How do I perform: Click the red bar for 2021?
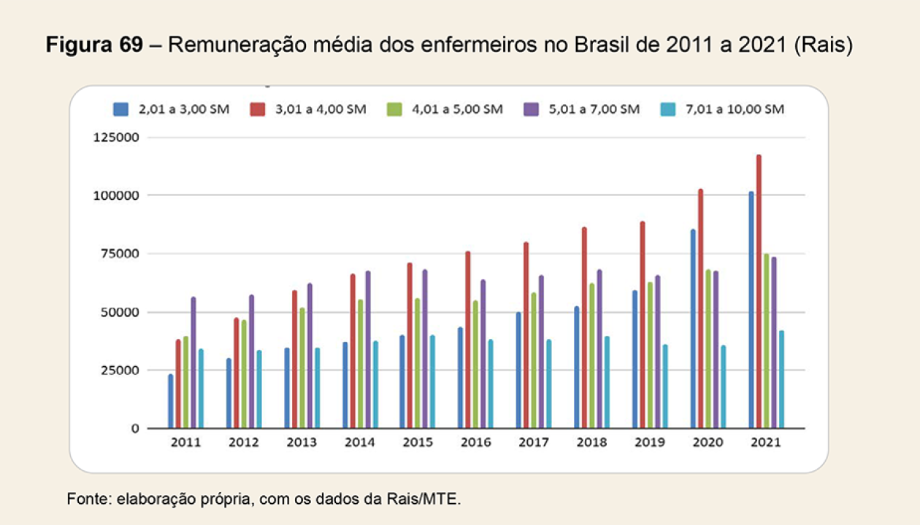[x=759, y=292]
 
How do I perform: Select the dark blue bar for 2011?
[x=171, y=401]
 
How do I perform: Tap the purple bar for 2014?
[x=368, y=349]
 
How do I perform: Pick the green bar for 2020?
[x=708, y=349]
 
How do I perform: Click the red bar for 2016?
[x=468, y=340]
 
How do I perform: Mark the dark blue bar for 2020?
[x=693, y=329]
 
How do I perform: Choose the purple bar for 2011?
[x=193, y=362]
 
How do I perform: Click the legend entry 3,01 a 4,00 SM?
[x=322, y=109]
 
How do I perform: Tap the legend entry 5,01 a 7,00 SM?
[x=591, y=109]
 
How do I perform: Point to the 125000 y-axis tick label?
[x=117, y=137]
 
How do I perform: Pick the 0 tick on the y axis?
[x=135, y=428]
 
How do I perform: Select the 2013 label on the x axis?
[x=301, y=443]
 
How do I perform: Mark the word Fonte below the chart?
[x=85, y=499]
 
